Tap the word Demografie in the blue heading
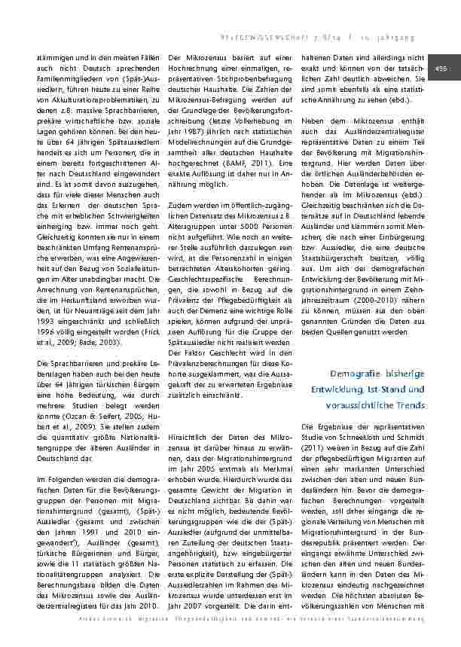(355, 374)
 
